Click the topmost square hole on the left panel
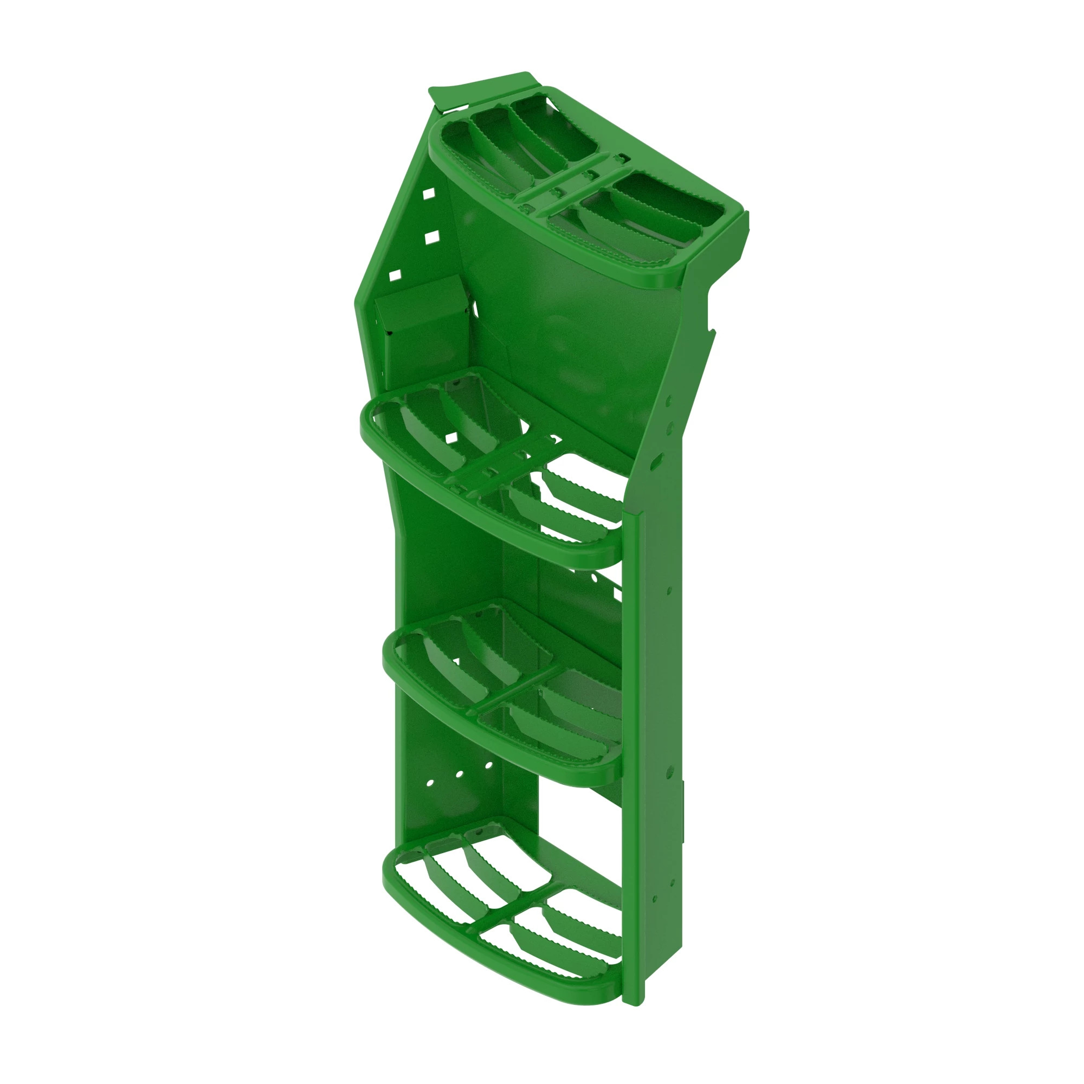(429, 193)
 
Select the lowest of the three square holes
(395, 275)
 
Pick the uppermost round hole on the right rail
(669, 402)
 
